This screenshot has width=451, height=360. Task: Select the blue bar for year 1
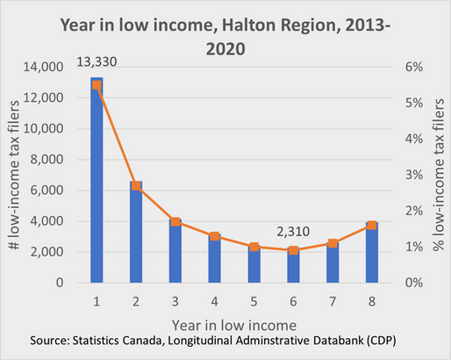97,184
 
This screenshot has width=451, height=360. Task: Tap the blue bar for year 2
136,233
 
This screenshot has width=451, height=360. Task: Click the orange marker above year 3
175,221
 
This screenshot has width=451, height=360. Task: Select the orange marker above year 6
293,250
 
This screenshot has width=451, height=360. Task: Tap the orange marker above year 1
97,84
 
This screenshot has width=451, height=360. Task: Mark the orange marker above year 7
332,243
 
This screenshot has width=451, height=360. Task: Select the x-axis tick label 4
214,299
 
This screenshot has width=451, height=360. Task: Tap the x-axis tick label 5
254,299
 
